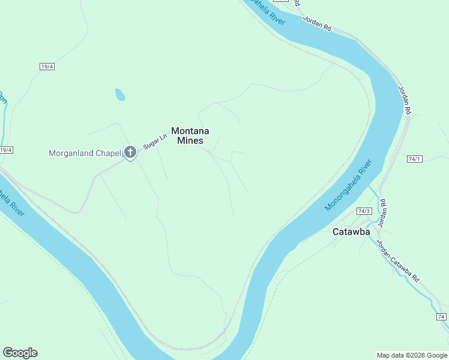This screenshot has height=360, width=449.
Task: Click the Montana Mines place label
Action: tap(191, 136)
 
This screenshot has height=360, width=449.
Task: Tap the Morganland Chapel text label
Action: tap(85, 153)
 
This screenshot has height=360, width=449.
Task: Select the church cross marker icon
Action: tap(130, 153)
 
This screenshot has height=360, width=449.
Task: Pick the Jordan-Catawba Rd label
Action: tap(397, 262)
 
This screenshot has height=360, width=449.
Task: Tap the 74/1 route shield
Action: tap(415, 159)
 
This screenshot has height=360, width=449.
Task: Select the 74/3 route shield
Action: tap(364, 211)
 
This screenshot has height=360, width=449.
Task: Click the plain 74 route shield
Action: tap(441, 316)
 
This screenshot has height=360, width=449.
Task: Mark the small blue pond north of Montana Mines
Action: tap(120, 94)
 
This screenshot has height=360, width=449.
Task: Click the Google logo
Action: tap(20, 353)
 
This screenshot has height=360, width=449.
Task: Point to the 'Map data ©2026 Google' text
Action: tap(411, 355)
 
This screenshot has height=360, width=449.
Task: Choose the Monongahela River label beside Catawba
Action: tap(349, 185)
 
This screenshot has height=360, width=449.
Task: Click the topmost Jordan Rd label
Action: tap(318, 23)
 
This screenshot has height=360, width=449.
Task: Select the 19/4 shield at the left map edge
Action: tap(5, 150)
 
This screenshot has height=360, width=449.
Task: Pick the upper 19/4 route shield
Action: tap(47, 67)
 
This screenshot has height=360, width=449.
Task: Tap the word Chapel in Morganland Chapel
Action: tap(107, 153)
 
